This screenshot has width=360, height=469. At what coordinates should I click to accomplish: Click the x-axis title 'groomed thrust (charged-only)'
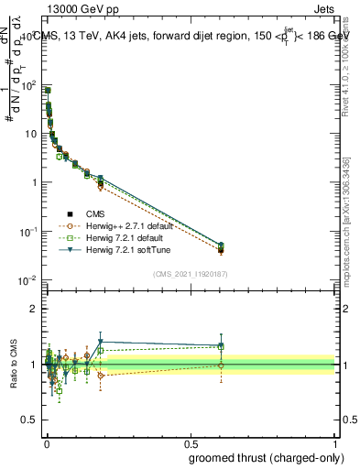[266, 457]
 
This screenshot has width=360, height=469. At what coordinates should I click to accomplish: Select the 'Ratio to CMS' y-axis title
[13, 365]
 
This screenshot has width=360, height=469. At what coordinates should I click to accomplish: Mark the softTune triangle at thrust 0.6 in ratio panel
[220, 345]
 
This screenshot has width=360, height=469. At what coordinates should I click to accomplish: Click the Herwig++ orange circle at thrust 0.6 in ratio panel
[220, 365]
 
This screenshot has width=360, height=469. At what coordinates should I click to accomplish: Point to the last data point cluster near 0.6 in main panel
[220, 247]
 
